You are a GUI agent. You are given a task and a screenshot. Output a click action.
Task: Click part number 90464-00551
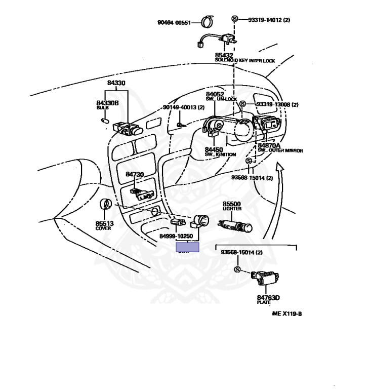coord(174,22)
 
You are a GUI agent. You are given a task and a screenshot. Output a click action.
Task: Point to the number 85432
coord(224,55)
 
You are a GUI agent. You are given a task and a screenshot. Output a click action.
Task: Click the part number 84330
coord(116,83)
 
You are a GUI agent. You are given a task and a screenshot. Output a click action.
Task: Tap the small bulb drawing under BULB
coord(104,121)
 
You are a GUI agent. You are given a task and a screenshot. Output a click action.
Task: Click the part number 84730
coord(135,174)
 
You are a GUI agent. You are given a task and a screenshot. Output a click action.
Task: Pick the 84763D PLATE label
coord(268,300)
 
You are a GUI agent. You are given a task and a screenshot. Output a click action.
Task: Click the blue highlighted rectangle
coord(187,247)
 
